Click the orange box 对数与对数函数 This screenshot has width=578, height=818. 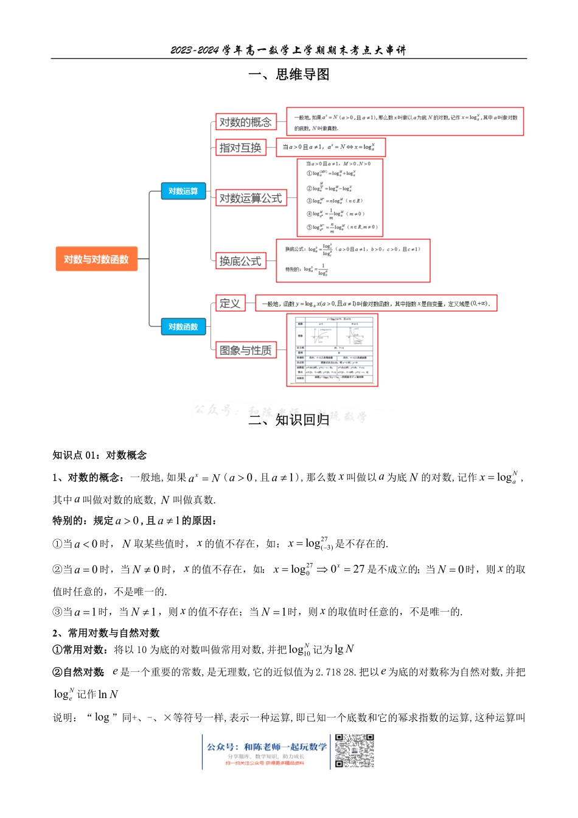(x=96, y=259)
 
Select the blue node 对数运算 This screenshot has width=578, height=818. (x=183, y=191)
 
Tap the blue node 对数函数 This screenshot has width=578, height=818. (x=183, y=327)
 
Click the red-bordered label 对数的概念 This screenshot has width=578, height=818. (x=246, y=122)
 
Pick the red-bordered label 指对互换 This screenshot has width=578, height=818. (x=240, y=147)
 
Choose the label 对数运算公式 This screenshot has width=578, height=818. (x=251, y=198)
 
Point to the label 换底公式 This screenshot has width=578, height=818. (x=240, y=261)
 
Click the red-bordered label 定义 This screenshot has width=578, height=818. (x=230, y=303)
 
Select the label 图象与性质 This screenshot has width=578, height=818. (x=246, y=350)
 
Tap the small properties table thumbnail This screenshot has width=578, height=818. (x=332, y=350)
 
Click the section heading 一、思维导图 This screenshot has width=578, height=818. (x=289, y=74)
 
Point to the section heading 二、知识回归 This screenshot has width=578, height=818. (x=289, y=419)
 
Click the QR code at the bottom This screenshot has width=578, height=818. (x=355, y=751)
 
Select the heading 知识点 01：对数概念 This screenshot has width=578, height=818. (x=100, y=455)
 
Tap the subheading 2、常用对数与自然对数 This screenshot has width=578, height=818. (x=106, y=633)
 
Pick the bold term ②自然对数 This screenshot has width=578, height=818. (x=78, y=672)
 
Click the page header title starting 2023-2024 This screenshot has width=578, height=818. (x=288, y=50)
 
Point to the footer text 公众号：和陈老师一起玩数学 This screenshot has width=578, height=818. (x=266, y=747)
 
